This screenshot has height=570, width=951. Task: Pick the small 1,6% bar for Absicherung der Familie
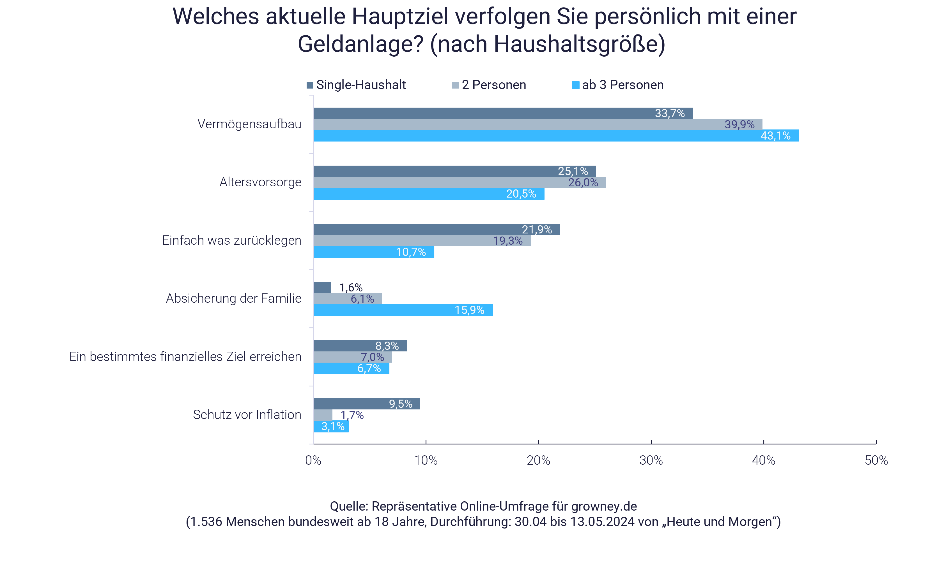point(322,287)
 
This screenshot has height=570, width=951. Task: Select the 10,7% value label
point(411,252)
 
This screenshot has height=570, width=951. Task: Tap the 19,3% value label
point(507,241)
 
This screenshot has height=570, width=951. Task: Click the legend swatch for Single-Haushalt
point(310,85)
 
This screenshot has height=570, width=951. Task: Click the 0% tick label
point(313,460)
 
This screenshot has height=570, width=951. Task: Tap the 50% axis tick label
point(876,460)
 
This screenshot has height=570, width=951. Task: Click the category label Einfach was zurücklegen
point(231,240)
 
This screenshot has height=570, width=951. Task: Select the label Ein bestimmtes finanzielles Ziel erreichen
point(185,357)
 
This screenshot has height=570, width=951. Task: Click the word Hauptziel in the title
point(400,17)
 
